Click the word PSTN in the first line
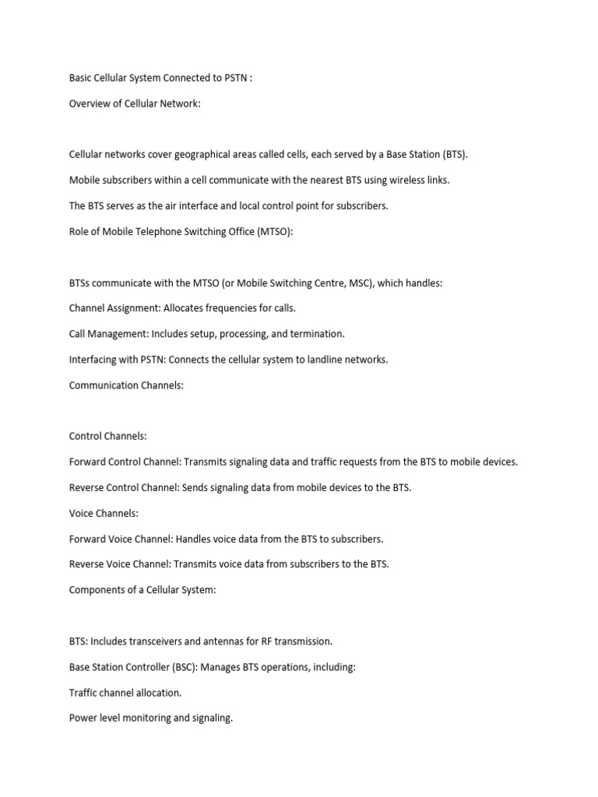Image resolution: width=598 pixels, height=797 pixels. (233, 78)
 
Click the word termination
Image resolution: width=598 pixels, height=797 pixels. (317, 334)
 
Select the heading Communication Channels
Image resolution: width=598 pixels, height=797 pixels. (126, 385)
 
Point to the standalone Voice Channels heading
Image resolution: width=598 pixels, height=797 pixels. (104, 513)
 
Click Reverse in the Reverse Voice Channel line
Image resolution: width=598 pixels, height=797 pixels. (86, 564)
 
